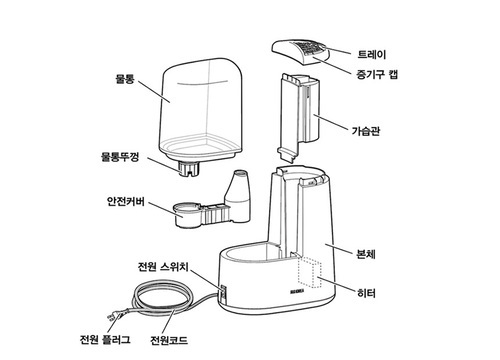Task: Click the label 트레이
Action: click(x=372, y=54)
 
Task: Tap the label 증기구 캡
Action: click(x=377, y=74)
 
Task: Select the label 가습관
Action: click(x=366, y=131)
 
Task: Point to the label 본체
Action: click(x=366, y=254)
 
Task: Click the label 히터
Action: click(x=366, y=293)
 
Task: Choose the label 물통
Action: click(x=125, y=79)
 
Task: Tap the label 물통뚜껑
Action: click(x=120, y=157)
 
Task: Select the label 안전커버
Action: click(x=126, y=201)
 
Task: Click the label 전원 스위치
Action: click(x=163, y=267)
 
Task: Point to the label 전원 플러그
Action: click(x=105, y=340)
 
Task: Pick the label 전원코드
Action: click(x=169, y=340)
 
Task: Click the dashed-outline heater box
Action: click(x=310, y=272)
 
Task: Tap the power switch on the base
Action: click(x=223, y=292)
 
